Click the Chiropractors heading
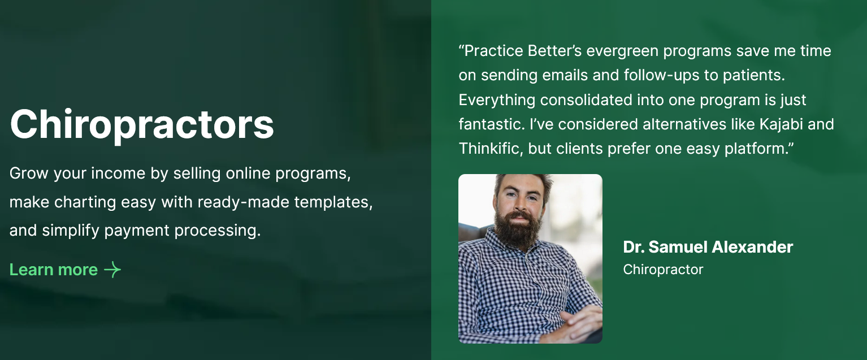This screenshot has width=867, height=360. click(142, 125)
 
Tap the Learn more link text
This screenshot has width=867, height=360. click(54, 270)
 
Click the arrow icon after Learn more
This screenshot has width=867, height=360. click(112, 270)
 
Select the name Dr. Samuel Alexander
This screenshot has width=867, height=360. click(708, 247)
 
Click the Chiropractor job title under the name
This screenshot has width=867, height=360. click(663, 270)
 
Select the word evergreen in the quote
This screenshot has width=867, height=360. click(622, 51)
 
